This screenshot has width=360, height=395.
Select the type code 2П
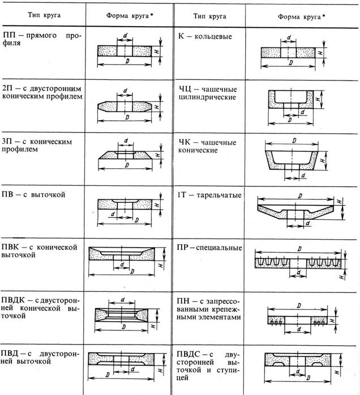pyautogui.click(x=7, y=88)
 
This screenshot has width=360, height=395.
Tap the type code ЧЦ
pyautogui.click(x=185, y=89)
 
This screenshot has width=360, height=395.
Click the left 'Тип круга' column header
pyautogui.click(x=44, y=15)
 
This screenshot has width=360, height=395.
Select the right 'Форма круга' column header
pyautogui.click(x=301, y=17)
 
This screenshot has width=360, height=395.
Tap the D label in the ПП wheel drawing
pyautogui.click(x=127, y=61)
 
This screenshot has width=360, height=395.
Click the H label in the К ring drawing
pyautogui.click(x=320, y=53)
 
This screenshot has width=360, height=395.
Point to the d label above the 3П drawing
pyautogui.click(x=126, y=141)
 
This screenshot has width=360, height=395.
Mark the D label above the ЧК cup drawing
pyautogui.click(x=294, y=141)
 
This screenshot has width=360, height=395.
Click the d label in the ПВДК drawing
pyautogui.click(x=123, y=300)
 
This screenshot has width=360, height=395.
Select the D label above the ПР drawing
pyautogui.click(x=299, y=249)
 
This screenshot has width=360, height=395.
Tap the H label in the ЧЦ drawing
pyautogui.click(x=318, y=99)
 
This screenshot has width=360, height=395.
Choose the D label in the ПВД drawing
pyautogui.click(x=108, y=375)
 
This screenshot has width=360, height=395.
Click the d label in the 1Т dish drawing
pyautogui.click(x=307, y=223)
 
